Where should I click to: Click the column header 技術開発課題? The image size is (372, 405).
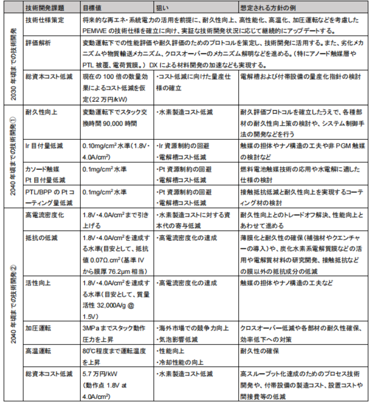[x=44, y=8]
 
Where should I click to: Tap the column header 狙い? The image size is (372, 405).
[x=164, y=8]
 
